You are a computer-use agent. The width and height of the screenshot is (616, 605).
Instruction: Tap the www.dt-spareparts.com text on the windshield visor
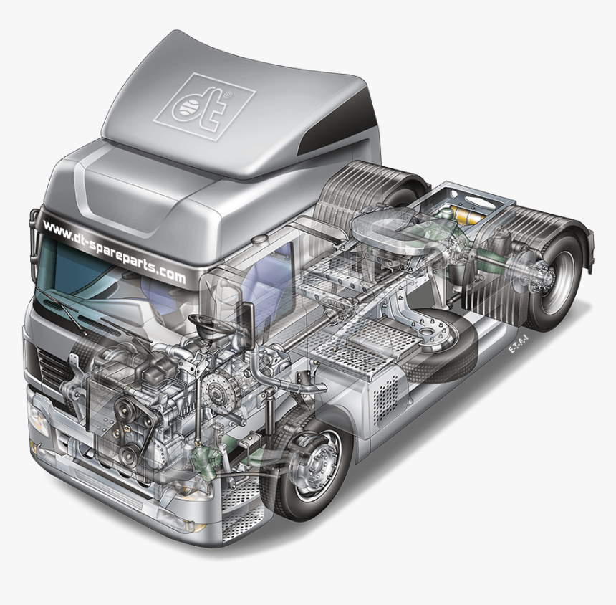click(113, 250)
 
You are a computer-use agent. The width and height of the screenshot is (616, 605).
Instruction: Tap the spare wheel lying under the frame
click(437, 340)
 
